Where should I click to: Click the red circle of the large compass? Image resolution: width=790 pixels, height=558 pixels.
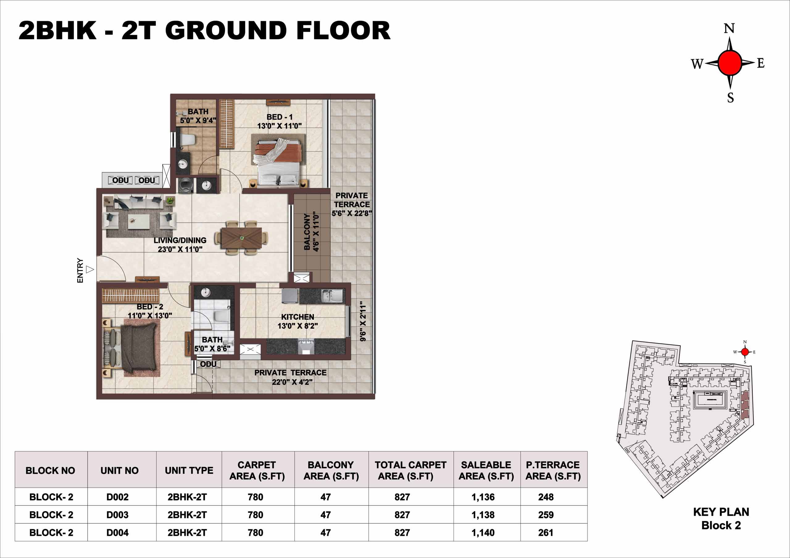tap(730, 63)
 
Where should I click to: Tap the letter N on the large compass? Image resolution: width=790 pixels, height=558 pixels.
tap(729, 28)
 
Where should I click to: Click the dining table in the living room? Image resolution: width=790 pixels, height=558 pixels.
tap(242, 238)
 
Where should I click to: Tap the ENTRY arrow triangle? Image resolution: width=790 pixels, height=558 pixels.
tap(90, 269)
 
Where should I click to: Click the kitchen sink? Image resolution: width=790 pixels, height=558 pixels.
tap(332, 296)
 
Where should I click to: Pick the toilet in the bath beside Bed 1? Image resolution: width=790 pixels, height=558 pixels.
tap(188, 140)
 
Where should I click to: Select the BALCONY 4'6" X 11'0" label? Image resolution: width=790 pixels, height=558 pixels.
tap(312, 232)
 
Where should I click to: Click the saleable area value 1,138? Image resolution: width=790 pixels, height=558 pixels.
tap(483, 515)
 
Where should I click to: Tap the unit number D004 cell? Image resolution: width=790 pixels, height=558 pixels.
tap(117, 532)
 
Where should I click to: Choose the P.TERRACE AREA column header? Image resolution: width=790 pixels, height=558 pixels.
tap(553, 470)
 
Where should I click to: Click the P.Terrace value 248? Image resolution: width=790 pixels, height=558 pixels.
tap(546, 497)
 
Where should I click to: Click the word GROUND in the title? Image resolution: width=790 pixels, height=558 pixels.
tap(228, 30)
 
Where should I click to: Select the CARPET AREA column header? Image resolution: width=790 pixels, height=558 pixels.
tap(257, 470)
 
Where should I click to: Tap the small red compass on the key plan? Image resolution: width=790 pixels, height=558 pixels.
tap(745, 352)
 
